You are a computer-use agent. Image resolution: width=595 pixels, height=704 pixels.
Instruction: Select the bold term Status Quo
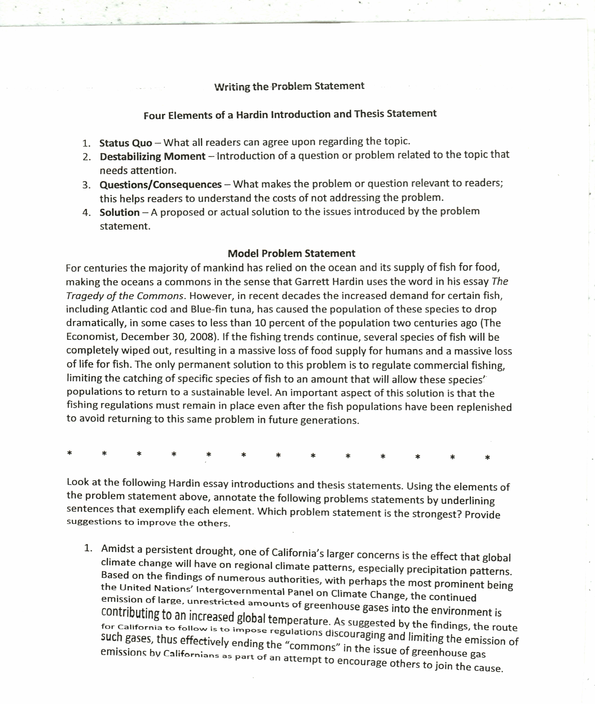[126, 143]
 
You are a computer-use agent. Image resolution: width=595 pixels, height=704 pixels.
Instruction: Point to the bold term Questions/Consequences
[161, 185]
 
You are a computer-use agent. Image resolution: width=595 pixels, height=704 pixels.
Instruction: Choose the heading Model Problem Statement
[291, 253]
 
